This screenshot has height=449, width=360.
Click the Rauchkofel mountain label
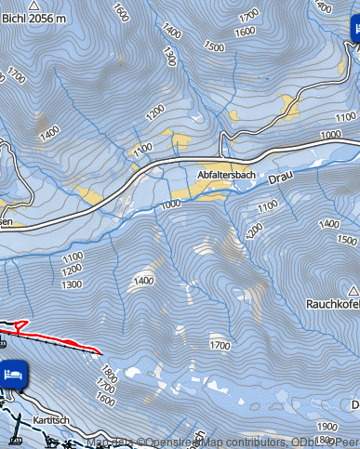click(333, 304)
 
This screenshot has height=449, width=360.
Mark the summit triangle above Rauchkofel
click(340, 289)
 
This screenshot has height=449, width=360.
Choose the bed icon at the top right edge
click(354, 31)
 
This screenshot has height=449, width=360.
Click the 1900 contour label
click(327, 426)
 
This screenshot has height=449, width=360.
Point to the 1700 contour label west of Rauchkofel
click(220, 346)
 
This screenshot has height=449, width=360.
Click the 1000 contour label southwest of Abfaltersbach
click(169, 205)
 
